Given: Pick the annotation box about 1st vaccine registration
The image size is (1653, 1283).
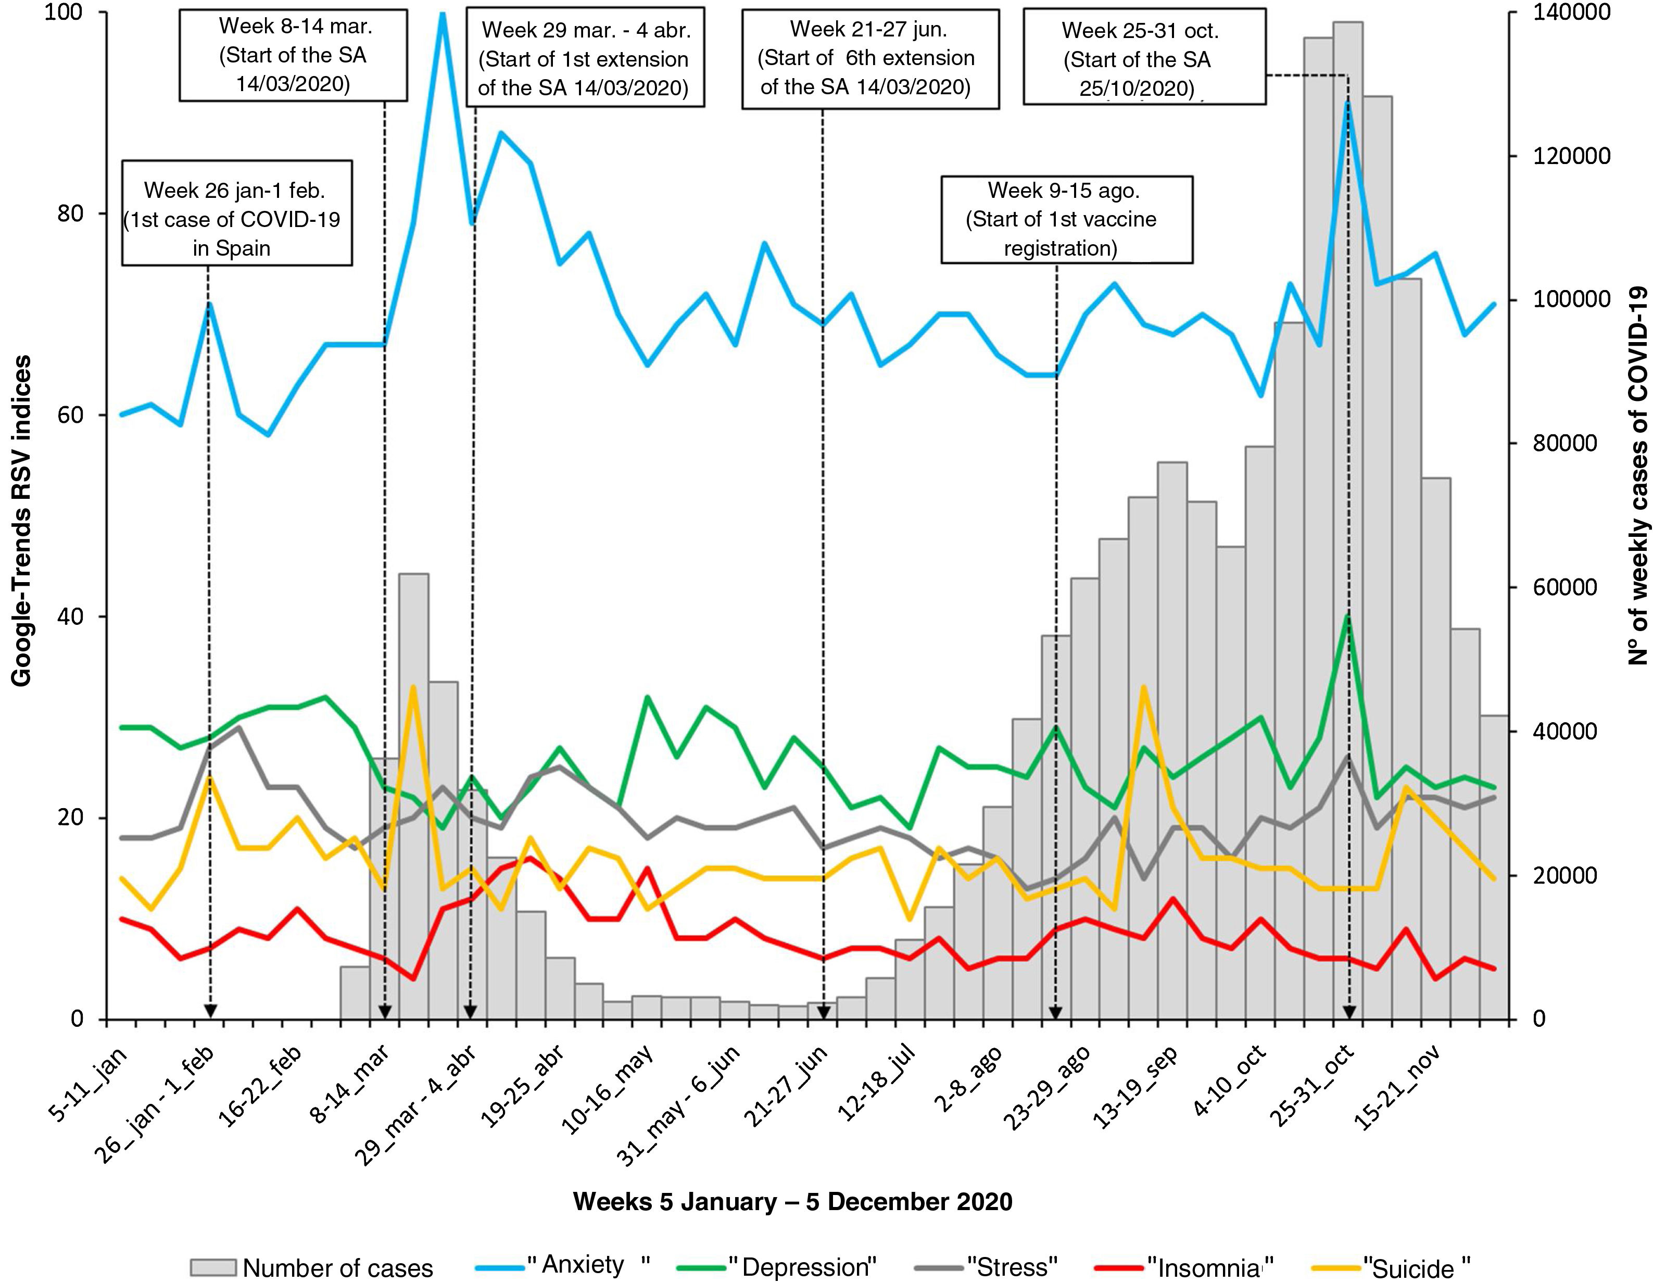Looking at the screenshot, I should (x=1066, y=220).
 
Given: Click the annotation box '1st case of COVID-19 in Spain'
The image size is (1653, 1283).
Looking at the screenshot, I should (x=237, y=212).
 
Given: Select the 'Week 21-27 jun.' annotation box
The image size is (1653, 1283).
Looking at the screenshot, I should (x=869, y=59).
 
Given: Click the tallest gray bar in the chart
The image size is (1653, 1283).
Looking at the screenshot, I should (x=1348, y=454).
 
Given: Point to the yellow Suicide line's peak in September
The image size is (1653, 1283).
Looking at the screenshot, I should (x=1144, y=687).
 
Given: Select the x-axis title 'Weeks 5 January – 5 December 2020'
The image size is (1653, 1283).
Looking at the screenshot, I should (x=792, y=1201).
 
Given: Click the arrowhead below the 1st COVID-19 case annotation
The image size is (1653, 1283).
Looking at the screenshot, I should (x=210, y=1011).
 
